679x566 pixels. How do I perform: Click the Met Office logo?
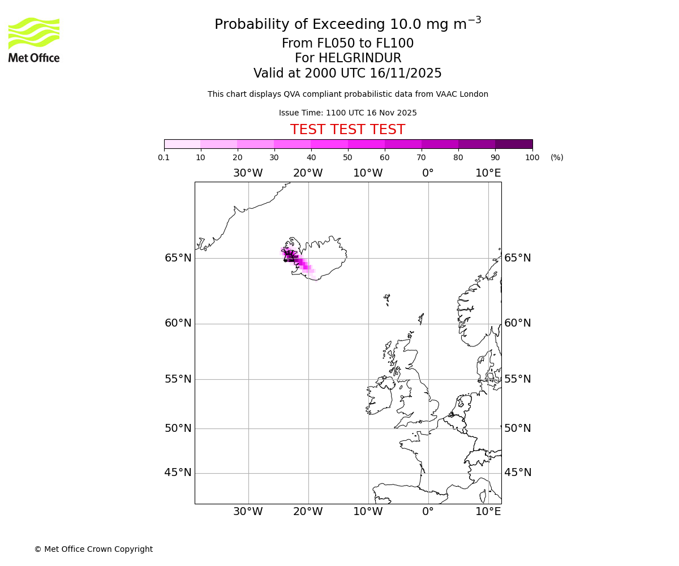click(34, 40)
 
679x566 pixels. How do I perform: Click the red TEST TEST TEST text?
click(347, 130)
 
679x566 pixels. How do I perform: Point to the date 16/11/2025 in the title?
click(406, 74)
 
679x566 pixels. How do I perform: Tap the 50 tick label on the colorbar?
click(347, 157)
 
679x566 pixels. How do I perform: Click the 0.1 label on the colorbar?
click(164, 157)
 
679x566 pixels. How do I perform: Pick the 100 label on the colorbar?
click(532, 157)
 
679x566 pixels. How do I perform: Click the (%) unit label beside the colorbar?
click(557, 157)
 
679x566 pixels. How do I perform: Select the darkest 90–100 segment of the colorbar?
click(514, 144)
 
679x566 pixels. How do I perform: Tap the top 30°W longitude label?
click(248, 173)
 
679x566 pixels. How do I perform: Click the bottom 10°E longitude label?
click(488, 512)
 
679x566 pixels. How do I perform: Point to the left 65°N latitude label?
click(178, 258)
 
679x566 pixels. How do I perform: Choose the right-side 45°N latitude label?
click(518, 473)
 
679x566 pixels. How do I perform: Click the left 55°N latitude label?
click(178, 379)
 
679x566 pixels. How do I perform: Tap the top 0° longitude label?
click(428, 173)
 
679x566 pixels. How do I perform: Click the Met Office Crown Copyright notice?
click(93, 549)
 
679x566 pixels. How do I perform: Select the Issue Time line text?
click(347, 113)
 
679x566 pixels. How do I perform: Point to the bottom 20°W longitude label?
click(308, 512)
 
